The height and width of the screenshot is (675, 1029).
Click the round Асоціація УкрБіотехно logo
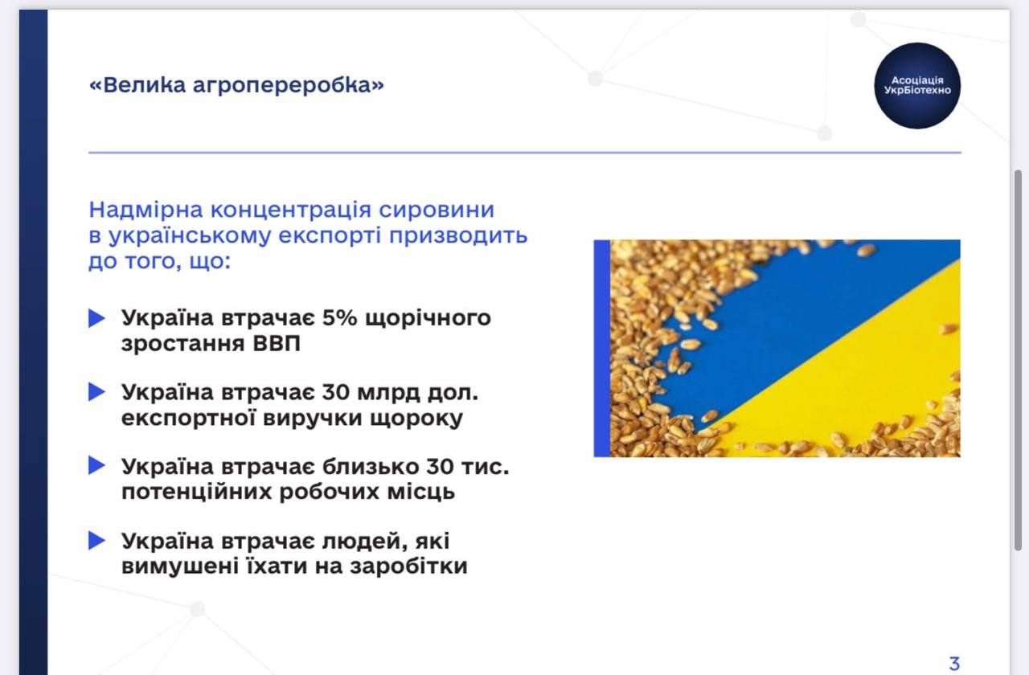point(917,86)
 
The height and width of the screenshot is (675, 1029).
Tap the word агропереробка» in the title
point(288,86)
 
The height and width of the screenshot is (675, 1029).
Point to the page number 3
point(954,664)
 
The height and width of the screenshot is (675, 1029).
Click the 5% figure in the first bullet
point(339,317)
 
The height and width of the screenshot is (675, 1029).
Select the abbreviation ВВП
point(277,343)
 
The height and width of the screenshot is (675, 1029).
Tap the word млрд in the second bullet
point(388,393)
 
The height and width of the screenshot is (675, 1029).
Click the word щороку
point(416,419)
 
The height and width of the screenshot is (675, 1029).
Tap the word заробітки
point(408,566)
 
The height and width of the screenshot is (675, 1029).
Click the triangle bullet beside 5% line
point(96,318)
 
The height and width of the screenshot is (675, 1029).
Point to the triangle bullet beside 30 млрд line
point(96,391)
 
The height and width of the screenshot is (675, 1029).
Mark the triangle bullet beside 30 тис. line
point(96,465)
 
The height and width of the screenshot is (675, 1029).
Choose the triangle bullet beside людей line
point(96,541)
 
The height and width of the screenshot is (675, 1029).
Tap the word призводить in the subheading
point(458,235)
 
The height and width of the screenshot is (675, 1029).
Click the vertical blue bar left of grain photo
point(602,348)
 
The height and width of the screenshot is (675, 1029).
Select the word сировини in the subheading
point(437,211)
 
